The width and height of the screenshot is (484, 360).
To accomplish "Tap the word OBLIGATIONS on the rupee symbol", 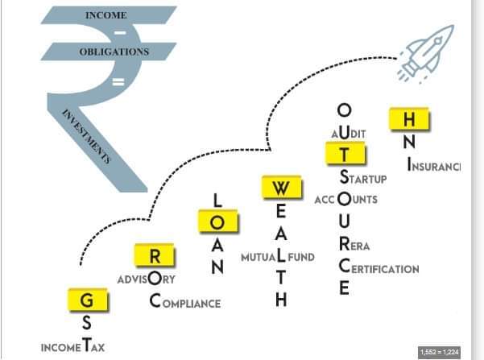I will [x=114, y=52].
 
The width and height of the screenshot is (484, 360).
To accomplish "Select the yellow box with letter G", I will [x=86, y=301].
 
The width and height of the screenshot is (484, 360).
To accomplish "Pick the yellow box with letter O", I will [x=217, y=221].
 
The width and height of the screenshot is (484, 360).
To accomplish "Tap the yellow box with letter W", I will [x=280, y=188].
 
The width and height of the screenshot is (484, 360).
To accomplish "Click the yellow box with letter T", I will [x=345, y=153].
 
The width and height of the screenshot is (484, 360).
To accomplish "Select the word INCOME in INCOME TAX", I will [x=60, y=348].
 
